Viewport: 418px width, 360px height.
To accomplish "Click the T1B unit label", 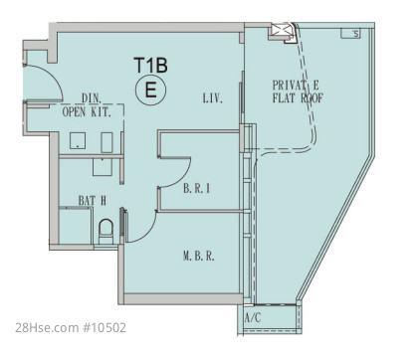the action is [150, 65].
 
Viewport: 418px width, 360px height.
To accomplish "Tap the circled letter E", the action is [151, 90].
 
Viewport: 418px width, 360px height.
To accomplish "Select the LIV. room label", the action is [213, 98].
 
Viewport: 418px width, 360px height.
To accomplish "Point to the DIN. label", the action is [92, 98].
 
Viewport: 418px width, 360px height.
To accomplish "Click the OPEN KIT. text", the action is [87, 112].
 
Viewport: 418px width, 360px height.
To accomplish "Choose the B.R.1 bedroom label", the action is [197, 189].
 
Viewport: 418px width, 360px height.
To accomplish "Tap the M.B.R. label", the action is [199, 256].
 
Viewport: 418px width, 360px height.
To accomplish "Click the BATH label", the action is [93, 201].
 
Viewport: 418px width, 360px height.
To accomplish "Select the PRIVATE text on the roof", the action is [296, 86].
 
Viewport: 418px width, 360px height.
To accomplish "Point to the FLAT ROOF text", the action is [298, 98].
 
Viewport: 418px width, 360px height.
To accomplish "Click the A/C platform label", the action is [253, 318].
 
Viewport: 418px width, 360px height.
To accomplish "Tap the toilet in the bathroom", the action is [106, 232].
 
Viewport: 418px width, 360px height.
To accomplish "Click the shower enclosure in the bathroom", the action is [76, 225].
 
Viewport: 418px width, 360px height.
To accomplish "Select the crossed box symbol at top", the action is [280, 31].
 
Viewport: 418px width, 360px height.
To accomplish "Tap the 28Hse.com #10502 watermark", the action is [71, 328].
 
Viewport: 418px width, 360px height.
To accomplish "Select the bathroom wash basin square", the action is [104, 167].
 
